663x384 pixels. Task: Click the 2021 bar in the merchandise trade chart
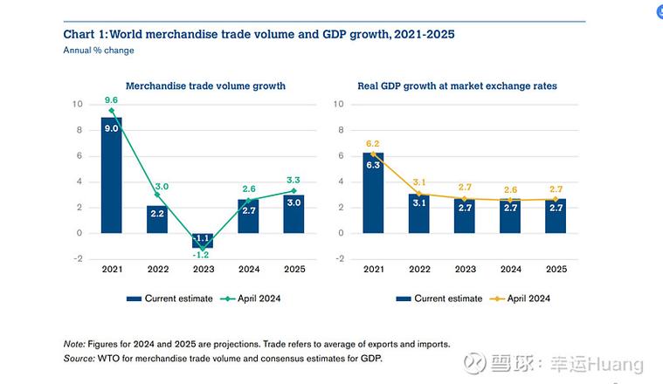click(112, 175)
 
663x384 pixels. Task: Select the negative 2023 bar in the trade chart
click(203, 241)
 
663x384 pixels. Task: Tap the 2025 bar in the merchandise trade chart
click(294, 214)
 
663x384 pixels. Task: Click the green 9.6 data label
click(111, 100)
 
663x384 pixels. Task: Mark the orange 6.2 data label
click(373, 143)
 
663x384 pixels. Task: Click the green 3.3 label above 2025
click(294, 180)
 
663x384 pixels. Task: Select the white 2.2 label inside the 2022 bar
click(157, 214)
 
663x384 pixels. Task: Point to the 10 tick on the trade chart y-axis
click(77, 105)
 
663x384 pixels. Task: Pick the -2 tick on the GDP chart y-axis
click(341, 259)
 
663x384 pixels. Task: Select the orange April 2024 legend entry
click(522, 298)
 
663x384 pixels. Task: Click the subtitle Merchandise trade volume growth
click(205, 86)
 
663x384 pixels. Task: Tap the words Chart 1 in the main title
click(85, 34)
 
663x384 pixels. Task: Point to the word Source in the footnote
click(79, 358)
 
